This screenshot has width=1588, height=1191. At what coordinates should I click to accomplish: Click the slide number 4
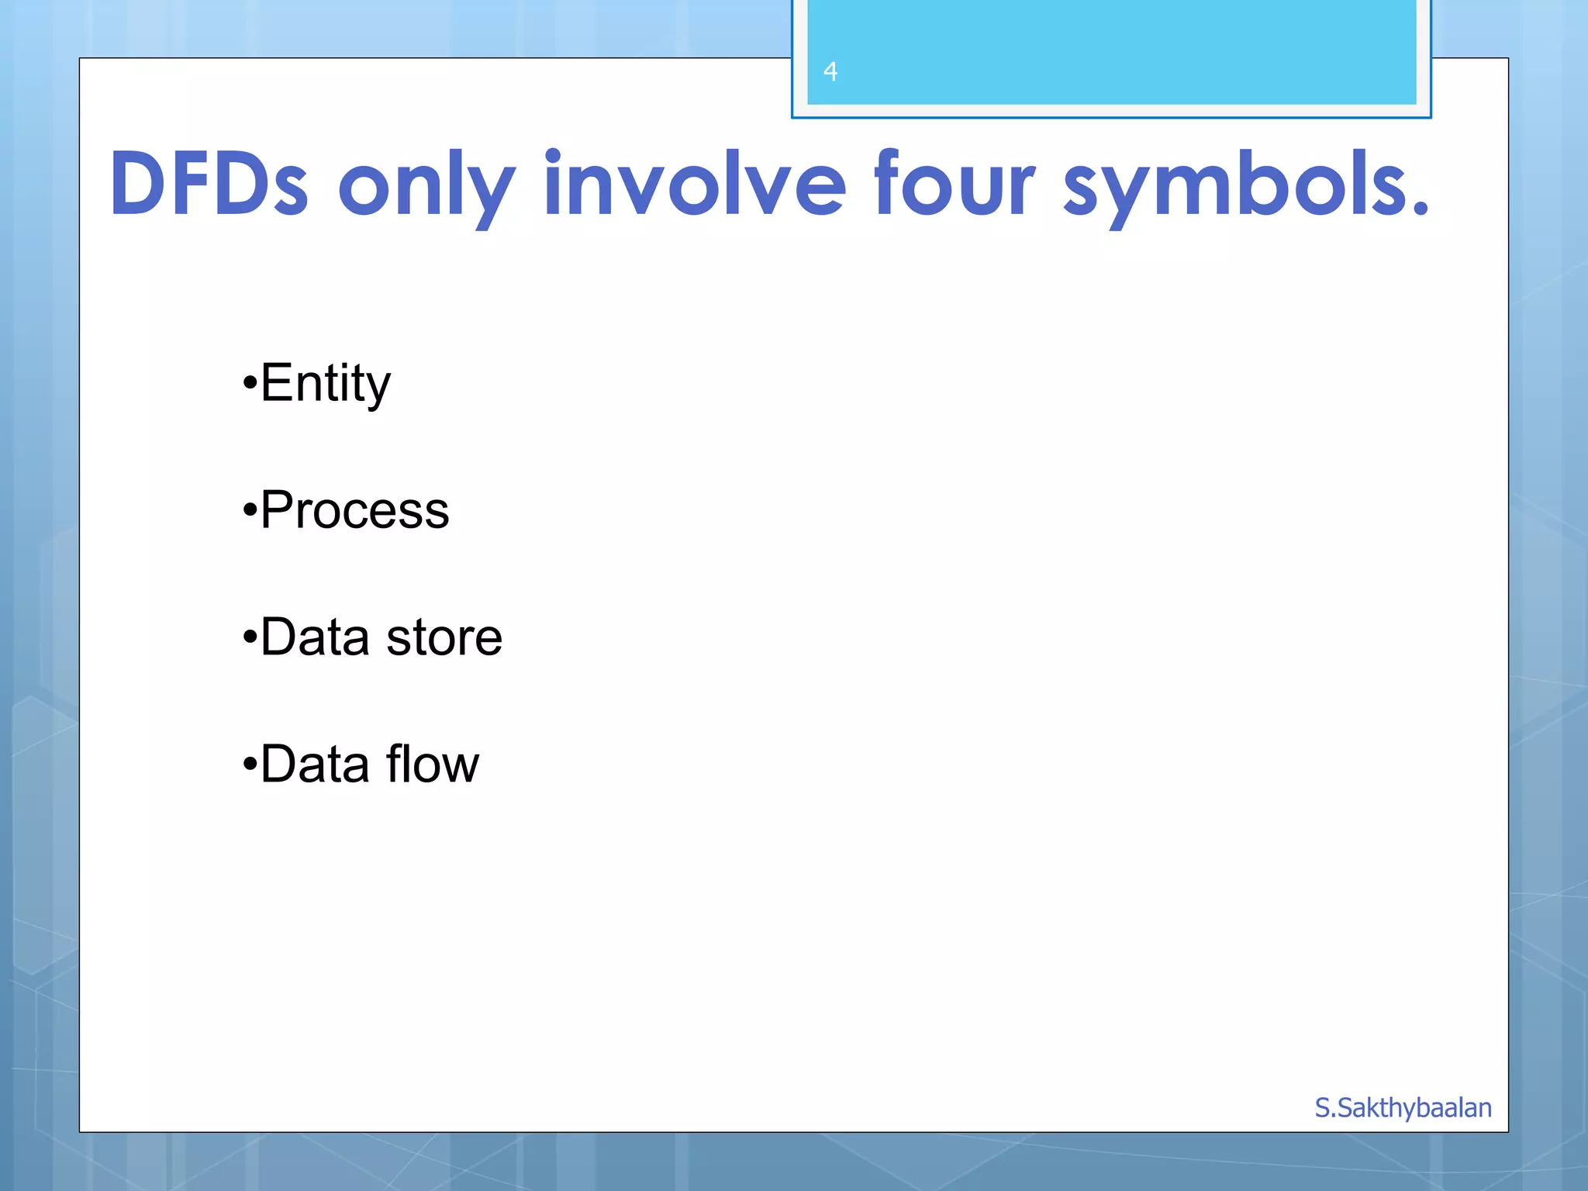(x=830, y=71)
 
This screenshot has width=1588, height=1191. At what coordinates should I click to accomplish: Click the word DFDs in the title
(x=209, y=185)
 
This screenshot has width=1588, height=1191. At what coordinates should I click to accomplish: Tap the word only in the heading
(x=426, y=186)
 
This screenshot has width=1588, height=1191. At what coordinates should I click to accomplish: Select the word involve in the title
(x=694, y=184)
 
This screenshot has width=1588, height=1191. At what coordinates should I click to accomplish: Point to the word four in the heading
(x=954, y=184)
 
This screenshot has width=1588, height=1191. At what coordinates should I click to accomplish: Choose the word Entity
(x=325, y=383)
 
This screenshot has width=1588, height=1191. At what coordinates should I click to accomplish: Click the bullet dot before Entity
(x=249, y=384)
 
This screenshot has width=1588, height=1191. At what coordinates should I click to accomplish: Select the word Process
(x=354, y=510)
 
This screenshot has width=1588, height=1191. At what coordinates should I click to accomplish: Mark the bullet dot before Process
(x=249, y=511)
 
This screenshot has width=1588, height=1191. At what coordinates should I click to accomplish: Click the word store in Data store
(x=444, y=637)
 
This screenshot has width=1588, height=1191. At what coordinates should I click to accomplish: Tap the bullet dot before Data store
(x=249, y=638)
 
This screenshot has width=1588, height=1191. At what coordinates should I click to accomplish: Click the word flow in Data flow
(x=432, y=764)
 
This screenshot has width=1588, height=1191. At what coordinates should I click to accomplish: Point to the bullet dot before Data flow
(x=249, y=765)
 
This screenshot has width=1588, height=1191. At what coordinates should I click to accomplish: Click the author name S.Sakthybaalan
(x=1403, y=1108)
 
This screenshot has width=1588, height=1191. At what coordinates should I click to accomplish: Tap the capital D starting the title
(x=137, y=185)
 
